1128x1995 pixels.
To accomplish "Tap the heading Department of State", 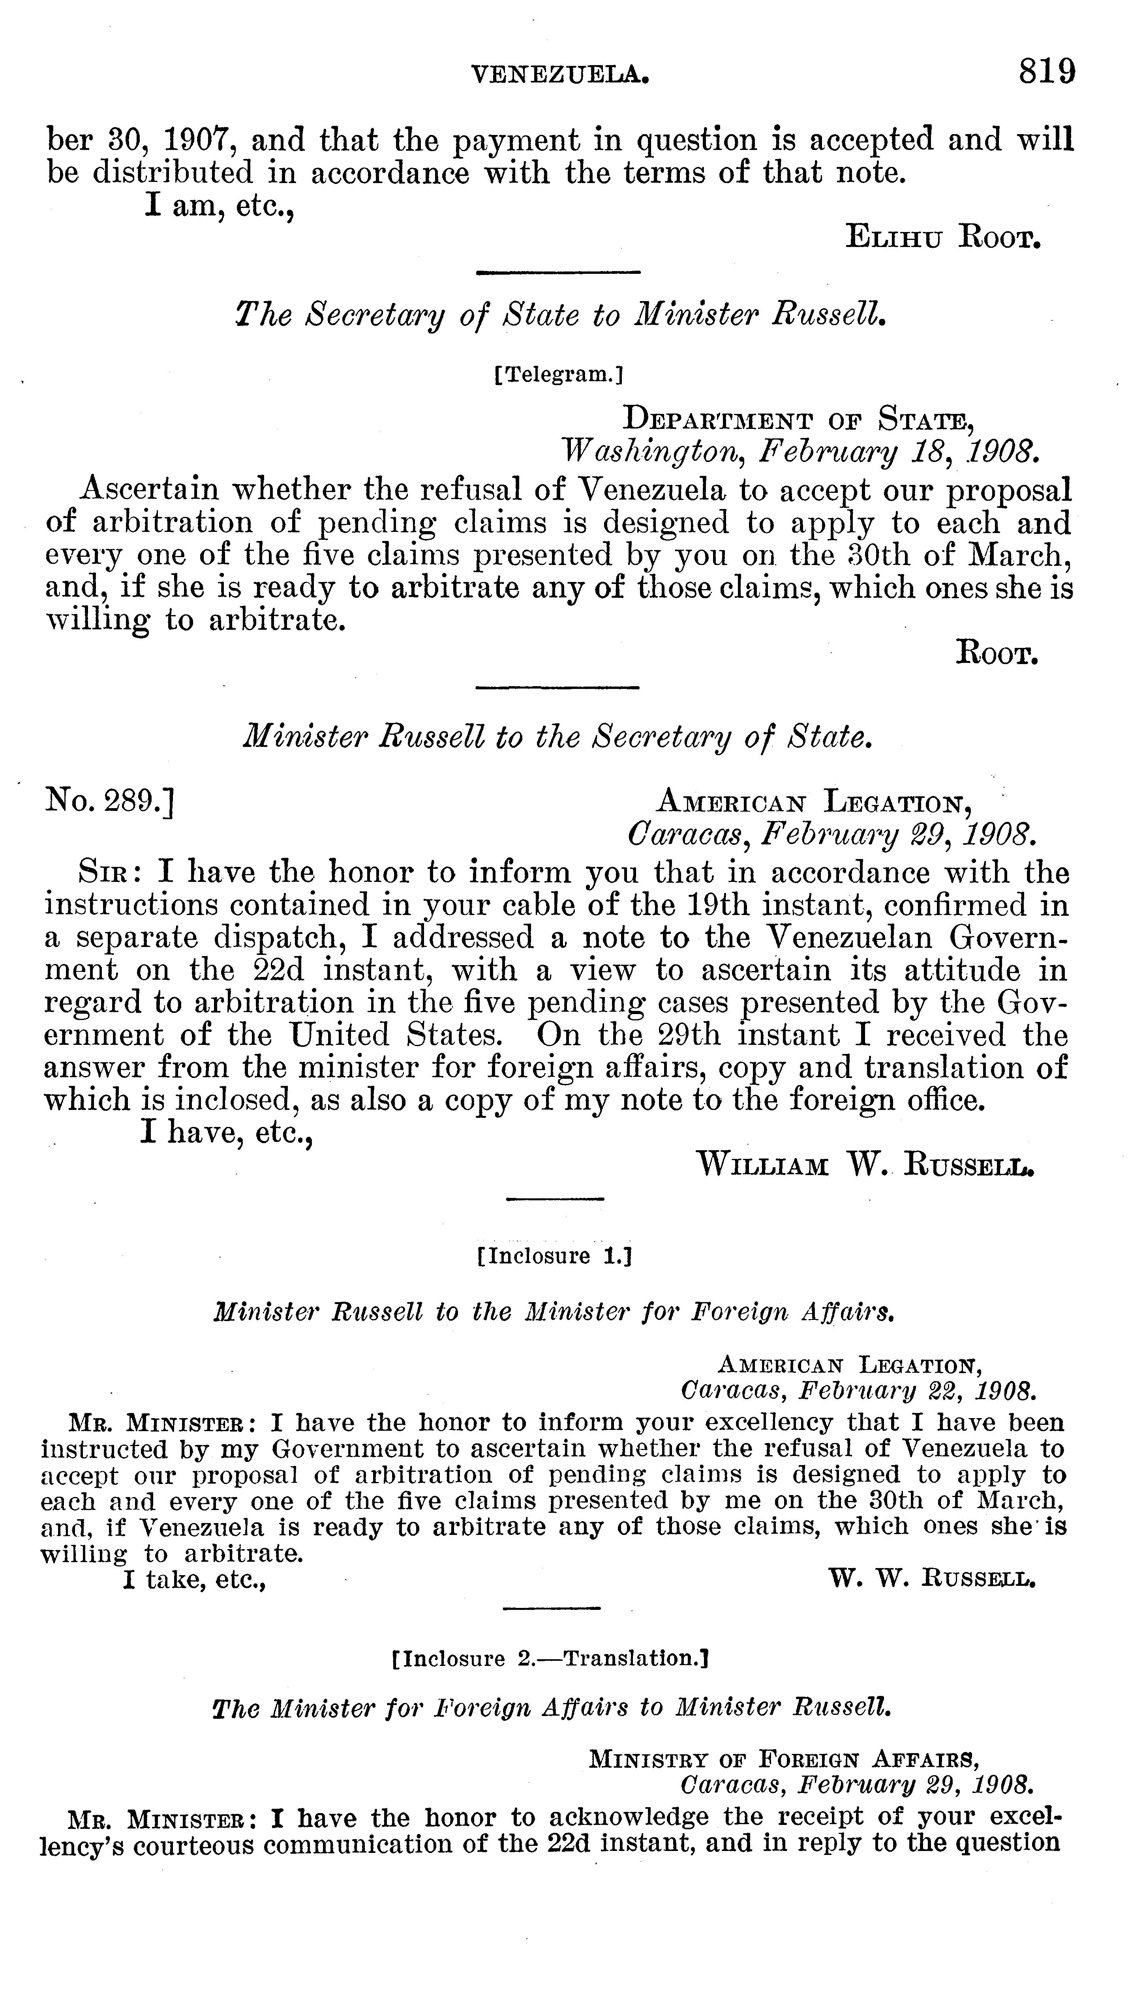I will point(798,421).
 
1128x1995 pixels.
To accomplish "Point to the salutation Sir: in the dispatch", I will point(109,873).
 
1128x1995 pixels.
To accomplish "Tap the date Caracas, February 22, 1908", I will point(857,1390).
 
